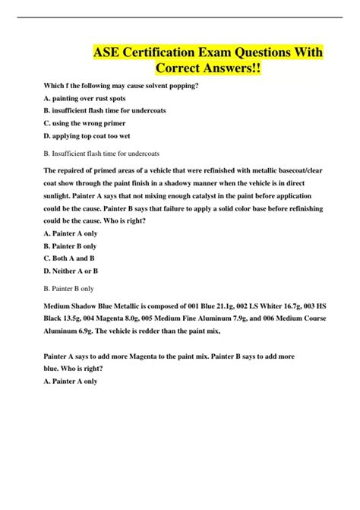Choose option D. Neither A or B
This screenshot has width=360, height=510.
(71, 271)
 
